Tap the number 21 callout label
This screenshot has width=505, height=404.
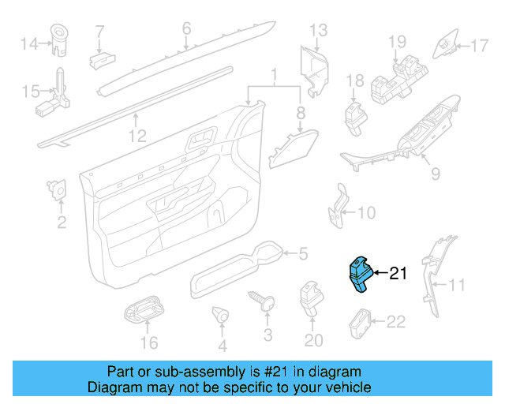coord(398,274)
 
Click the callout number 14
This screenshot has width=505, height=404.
coord(29,43)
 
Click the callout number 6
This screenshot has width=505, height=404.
coord(186,28)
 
